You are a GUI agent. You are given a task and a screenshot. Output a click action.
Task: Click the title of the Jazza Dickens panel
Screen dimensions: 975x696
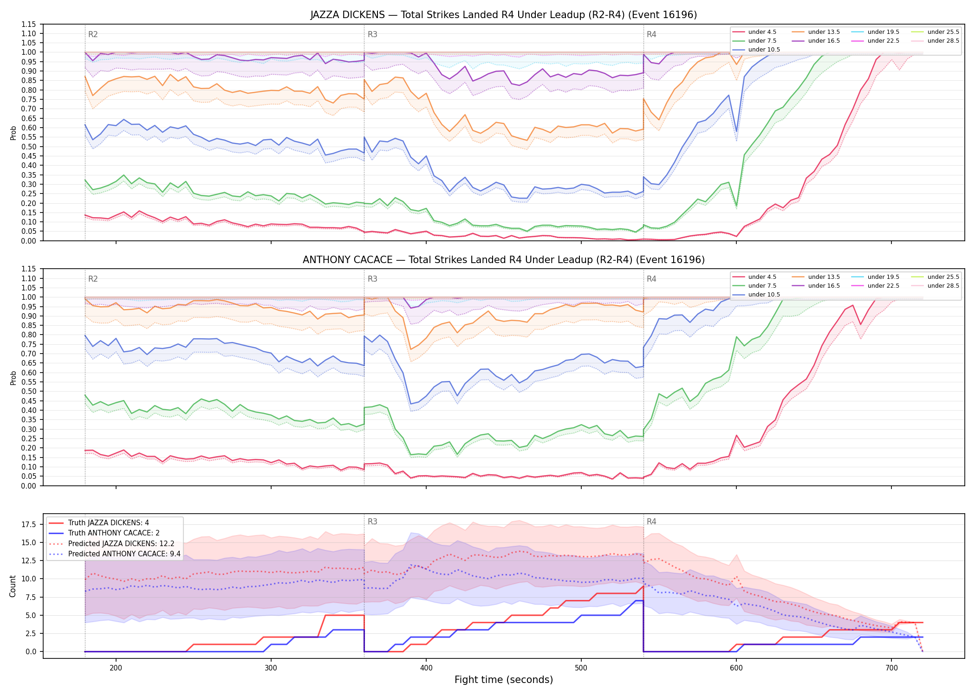[504, 15]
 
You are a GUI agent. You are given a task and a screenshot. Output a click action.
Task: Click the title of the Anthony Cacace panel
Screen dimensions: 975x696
[504, 260]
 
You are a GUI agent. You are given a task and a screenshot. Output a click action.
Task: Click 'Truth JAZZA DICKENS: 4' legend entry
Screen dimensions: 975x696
[109, 523]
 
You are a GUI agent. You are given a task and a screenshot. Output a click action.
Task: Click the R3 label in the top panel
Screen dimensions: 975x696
[372, 34]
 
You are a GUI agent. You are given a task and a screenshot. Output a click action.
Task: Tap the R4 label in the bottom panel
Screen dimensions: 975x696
[651, 522]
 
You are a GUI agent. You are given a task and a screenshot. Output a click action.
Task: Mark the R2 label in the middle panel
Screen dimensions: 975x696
[93, 279]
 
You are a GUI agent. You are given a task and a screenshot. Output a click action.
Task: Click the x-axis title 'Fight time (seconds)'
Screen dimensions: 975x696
[504, 680]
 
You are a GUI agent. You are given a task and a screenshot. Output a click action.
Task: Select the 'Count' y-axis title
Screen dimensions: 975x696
[13, 586]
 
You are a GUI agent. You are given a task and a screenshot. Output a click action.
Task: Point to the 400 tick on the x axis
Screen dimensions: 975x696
[426, 668]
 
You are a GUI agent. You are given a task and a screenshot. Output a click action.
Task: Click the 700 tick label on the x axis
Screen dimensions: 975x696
[891, 668]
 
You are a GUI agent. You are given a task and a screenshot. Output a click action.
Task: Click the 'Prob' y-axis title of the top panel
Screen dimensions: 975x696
[13, 133]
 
